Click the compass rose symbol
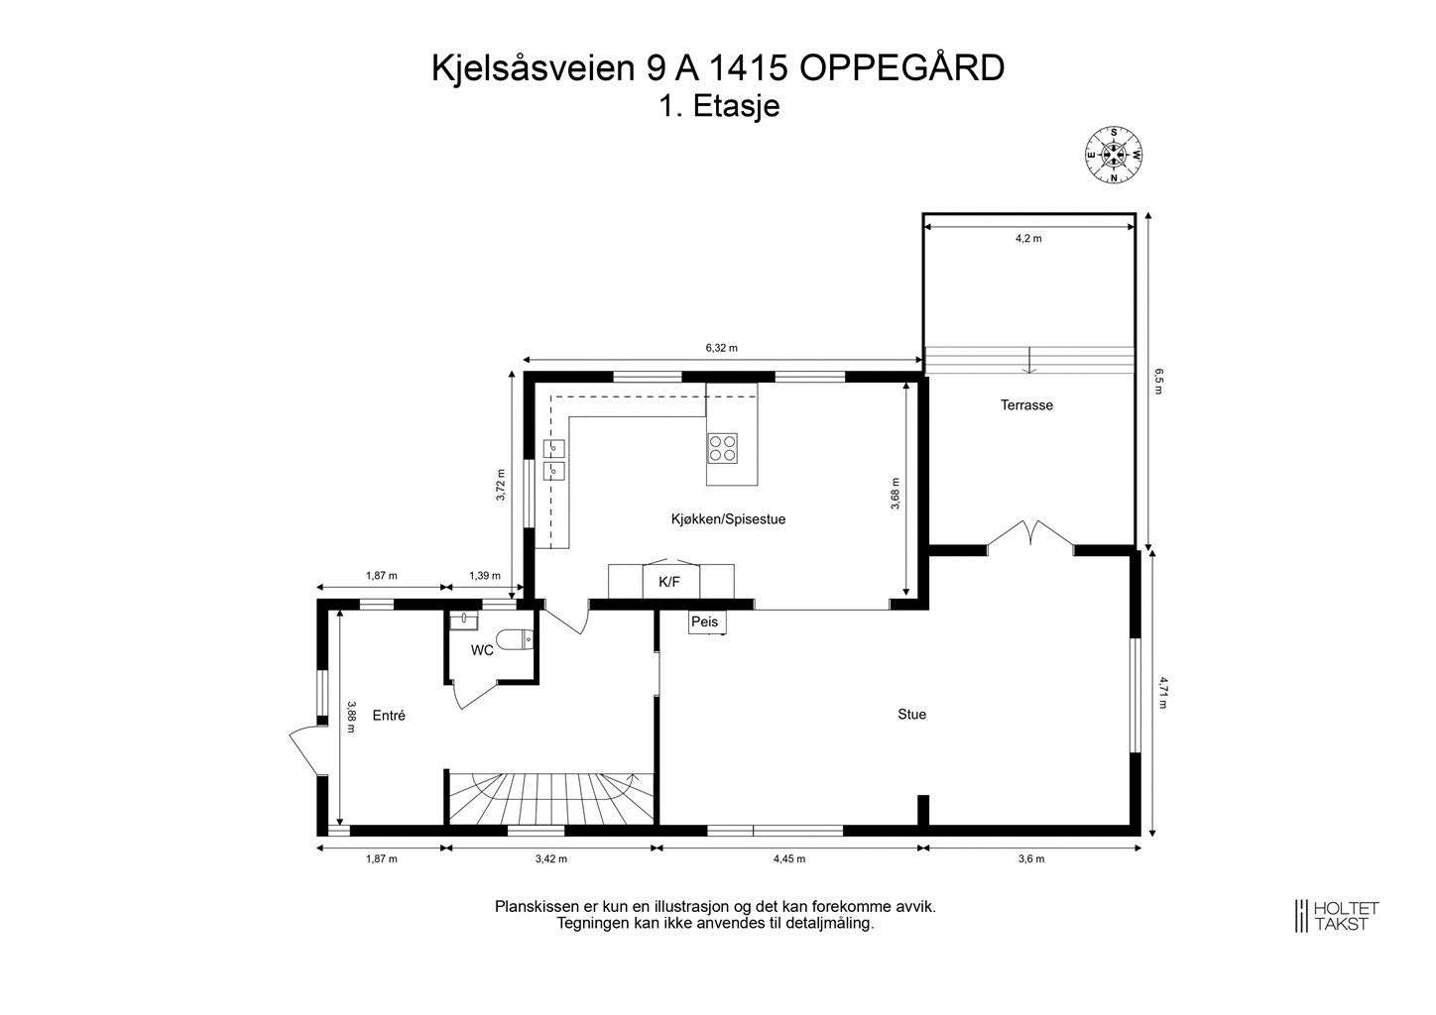(x=1114, y=156)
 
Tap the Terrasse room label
(x=1026, y=405)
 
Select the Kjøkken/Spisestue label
(x=728, y=519)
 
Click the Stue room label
(x=911, y=714)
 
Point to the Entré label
(x=389, y=715)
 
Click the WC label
(x=482, y=651)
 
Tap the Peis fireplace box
(x=706, y=622)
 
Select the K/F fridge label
(x=670, y=582)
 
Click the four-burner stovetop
(x=722, y=449)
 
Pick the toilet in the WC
(x=517, y=640)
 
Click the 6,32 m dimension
(x=721, y=348)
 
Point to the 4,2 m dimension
(x=1028, y=238)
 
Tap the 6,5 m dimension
(x=1158, y=382)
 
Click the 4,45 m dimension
(x=789, y=859)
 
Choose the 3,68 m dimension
(x=896, y=494)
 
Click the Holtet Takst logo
(x=1336, y=915)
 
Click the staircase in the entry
(x=545, y=797)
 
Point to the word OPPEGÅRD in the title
(x=901, y=68)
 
